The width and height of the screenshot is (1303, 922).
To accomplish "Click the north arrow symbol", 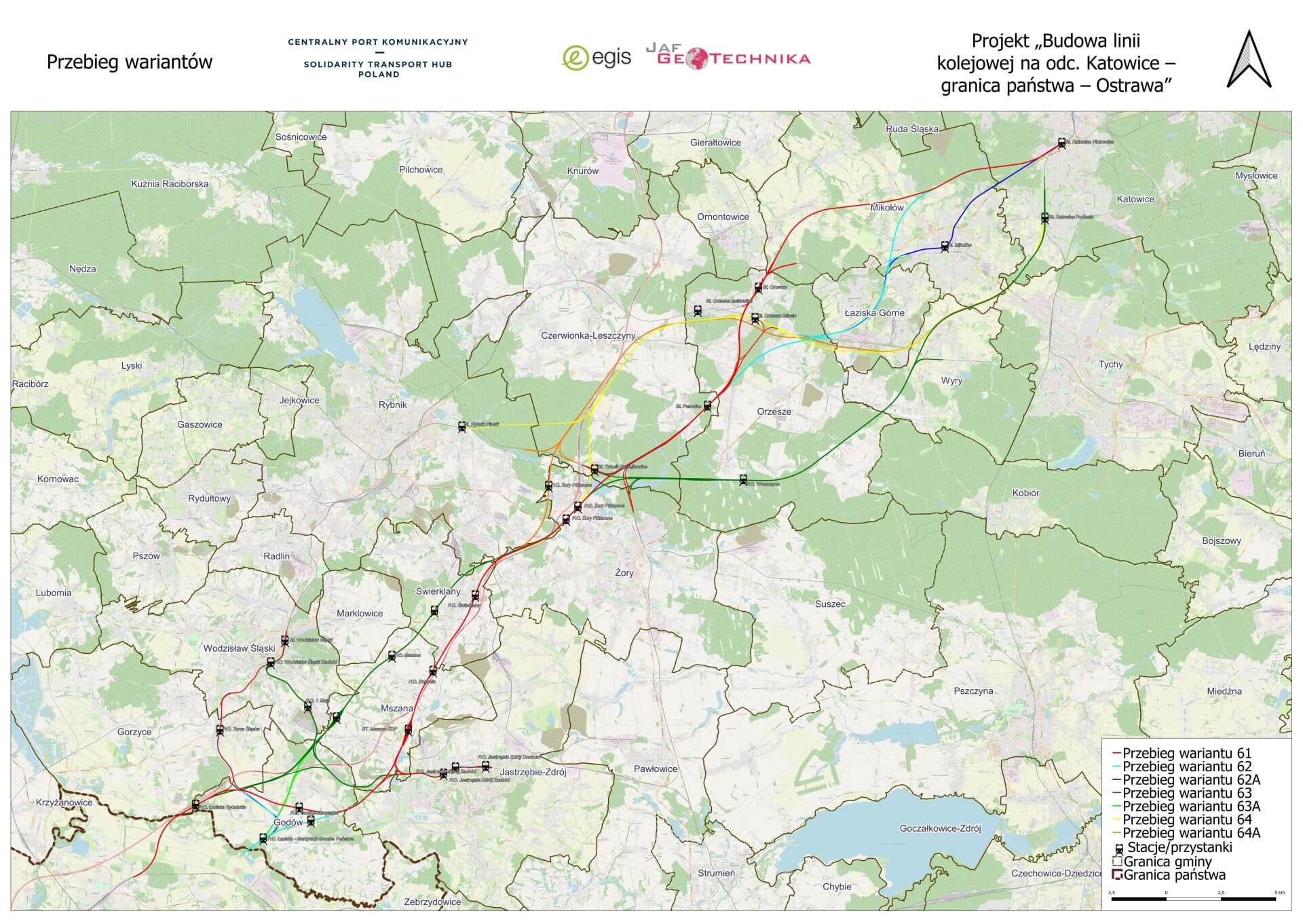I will point(1249,60).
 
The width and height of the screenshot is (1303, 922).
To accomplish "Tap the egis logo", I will point(597,58).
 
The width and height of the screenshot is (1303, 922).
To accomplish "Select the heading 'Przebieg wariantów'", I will point(129,62).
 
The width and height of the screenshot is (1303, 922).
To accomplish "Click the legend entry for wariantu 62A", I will point(1190,779).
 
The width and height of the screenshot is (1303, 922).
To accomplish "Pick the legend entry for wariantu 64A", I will point(1190,832).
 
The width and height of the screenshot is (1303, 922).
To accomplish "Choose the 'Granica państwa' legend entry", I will point(1173,874).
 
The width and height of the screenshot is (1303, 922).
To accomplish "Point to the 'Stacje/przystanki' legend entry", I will point(1178,847).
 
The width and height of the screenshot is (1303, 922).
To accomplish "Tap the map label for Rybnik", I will point(392,405).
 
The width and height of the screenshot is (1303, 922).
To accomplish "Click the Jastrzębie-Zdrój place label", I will point(533,772).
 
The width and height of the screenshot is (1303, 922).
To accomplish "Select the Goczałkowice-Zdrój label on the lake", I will point(940,828).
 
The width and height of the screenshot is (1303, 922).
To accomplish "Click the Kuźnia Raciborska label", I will point(170,184).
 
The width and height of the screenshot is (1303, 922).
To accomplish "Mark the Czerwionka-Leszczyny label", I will point(588,335).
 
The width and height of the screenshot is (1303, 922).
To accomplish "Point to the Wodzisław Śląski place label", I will point(239,648).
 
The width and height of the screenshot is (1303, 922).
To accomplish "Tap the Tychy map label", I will point(1110,365).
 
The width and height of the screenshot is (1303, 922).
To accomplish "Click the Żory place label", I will point(624,573).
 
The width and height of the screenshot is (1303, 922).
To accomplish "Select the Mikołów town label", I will point(886,208).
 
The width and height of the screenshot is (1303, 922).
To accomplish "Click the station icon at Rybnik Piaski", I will point(462,427).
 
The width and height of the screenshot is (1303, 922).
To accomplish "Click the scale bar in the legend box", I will point(1193,898).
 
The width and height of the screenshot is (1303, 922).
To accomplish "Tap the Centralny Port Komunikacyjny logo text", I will point(378,58).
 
